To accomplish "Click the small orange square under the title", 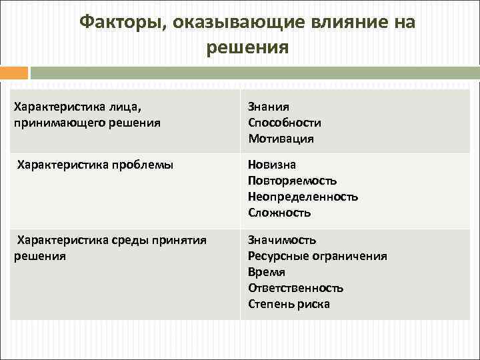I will [x=14, y=73].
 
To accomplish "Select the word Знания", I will [x=268, y=106].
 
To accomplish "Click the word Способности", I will [x=285, y=123].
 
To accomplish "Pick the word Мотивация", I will [x=281, y=139].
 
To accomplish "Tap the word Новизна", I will [x=272, y=164].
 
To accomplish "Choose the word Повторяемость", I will [x=292, y=181].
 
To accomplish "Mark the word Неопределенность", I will [x=303, y=197].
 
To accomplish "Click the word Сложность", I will [x=279, y=213].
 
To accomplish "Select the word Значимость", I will [x=282, y=239].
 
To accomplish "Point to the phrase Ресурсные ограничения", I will [x=317, y=256].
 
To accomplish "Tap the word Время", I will [x=267, y=272].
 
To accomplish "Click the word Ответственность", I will [x=295, y=288].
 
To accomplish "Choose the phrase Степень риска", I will [x=289, y=304].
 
